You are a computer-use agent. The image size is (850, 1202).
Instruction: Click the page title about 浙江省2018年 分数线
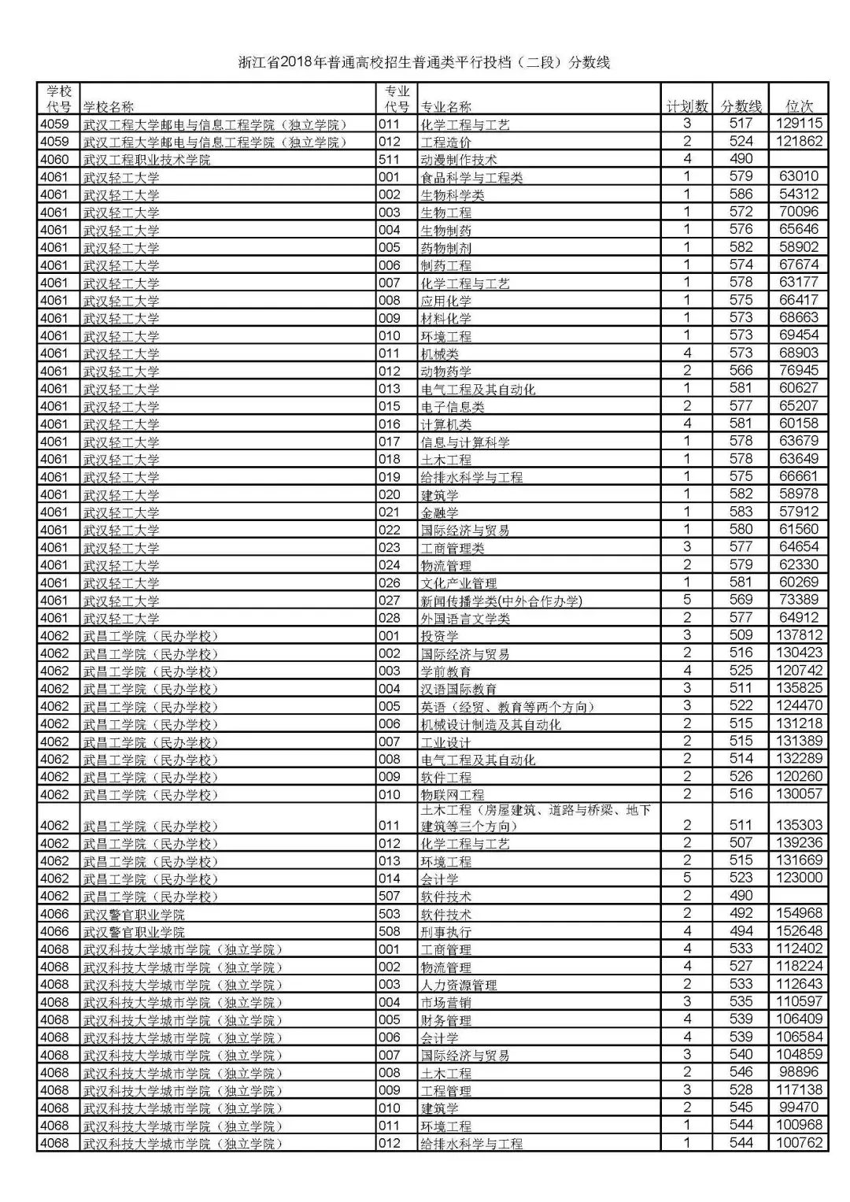point(424,63)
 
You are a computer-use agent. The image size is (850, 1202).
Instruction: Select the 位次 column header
point(799,106)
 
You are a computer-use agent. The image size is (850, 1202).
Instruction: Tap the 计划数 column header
point(687,106)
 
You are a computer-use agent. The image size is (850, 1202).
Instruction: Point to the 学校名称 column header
point(109,107)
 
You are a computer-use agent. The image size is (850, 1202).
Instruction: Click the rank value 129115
point(799,124)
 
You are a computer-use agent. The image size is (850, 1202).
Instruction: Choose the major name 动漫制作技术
point(459,160)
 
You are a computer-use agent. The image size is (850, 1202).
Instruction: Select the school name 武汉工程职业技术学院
point(147,160)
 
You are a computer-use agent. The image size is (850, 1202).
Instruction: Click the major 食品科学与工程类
point(471,178)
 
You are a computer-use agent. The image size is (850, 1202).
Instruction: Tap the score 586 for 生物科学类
point(741,194)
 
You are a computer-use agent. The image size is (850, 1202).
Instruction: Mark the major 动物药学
point(446,372)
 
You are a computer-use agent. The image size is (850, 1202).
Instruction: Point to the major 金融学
point(440,512)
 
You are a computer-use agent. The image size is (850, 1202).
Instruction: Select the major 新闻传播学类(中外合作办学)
point(501,601)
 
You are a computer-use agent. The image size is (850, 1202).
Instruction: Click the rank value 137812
point(799,635)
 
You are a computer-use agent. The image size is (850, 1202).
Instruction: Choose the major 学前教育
point(446,671)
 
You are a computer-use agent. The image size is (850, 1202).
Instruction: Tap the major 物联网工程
point(453,795)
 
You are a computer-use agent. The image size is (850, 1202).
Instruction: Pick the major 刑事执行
point(446,932)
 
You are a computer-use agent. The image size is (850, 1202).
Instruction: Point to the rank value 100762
point(799,1143)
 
